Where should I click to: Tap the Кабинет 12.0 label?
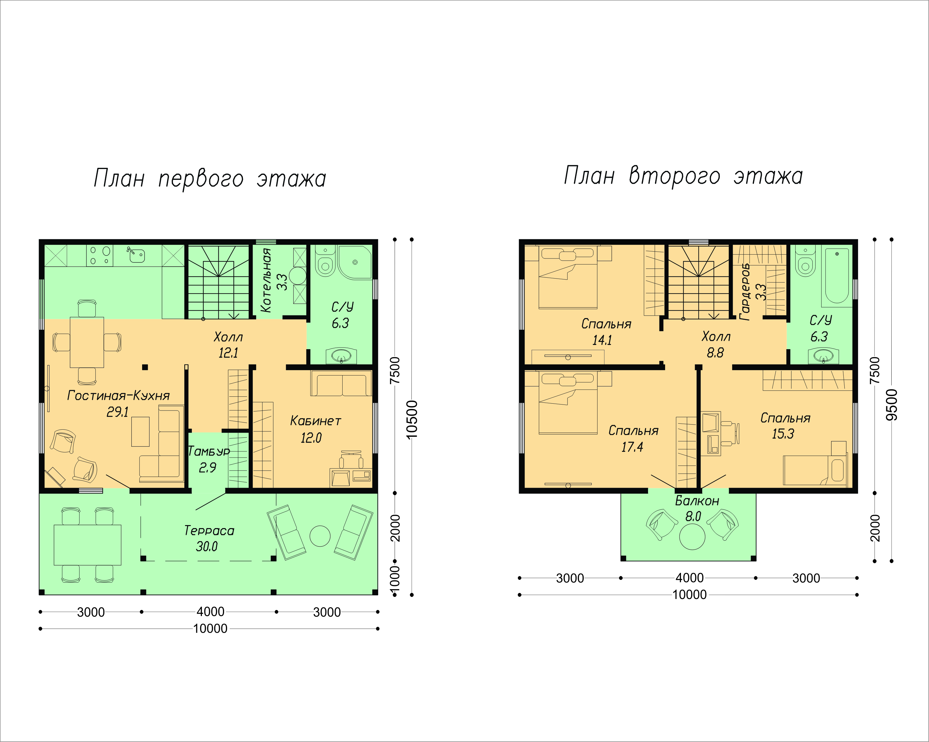[x=315, y=429]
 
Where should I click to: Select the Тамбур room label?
[x=209, y=451]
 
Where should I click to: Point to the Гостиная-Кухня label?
[x=118, y=395]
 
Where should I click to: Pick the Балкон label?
[x=697, y=501]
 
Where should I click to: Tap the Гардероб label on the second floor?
[x=745, y=292]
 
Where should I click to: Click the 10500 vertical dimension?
[x=412, y=419]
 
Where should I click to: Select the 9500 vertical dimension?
[x=892, y=405]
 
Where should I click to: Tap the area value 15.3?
[x=783, y=434]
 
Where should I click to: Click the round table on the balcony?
[x=692, y=537]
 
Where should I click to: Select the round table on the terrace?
[x=320, y=536]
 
